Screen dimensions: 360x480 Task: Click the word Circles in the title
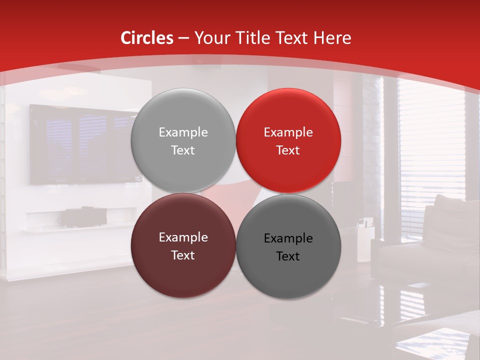click(147, 38)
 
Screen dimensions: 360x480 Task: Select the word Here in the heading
click(332, 38)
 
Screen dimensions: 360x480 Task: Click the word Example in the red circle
click(288, 132)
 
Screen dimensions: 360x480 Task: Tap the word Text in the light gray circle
click(183, 150)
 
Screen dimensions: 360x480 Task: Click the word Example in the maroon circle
click(183, 237)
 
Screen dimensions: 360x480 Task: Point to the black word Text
click(288, 256)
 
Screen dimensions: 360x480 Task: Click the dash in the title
click(183, 38)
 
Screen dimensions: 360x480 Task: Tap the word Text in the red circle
click(288, 150)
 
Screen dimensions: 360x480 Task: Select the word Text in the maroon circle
click(183, 255)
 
